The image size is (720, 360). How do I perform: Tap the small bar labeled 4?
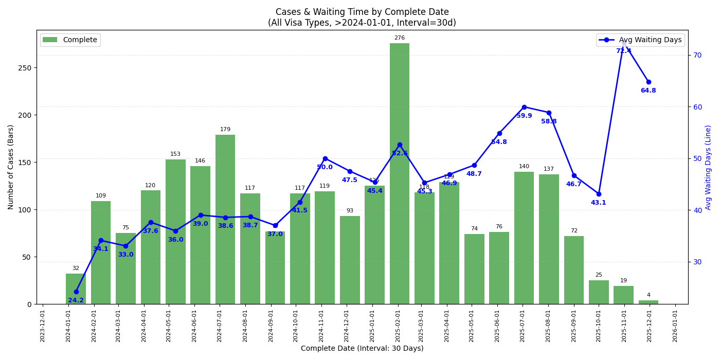click(649, 302)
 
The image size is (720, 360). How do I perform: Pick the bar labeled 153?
click(175, 231)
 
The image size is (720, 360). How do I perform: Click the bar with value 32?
click(76, 289)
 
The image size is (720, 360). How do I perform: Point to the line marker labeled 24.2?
click(76, 292)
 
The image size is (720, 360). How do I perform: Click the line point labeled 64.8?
click(649, 82)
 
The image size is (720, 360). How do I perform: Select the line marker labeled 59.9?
click(524, 107)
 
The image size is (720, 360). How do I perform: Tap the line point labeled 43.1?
click(599, 194)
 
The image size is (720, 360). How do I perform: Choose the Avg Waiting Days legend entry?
click(641, 40)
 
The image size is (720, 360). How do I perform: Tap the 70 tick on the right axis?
click(698, 55)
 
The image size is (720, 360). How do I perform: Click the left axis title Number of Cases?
click(11, 167)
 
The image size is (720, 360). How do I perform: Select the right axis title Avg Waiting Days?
click(708, 167)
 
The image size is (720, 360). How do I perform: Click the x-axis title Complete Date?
click(362, 349)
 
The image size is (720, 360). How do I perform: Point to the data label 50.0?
click(325, 167)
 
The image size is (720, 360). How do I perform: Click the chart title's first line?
click(362, 12)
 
